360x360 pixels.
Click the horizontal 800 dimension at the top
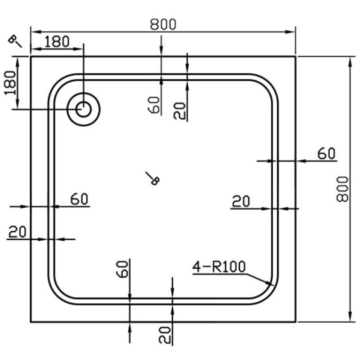(163, 24)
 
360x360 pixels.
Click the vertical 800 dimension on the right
(342, 189)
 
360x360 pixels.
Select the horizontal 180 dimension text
(57, 41)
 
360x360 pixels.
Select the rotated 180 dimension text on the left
(10, 83)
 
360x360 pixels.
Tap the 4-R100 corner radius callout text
(219, 267)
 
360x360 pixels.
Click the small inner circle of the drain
(83, 109)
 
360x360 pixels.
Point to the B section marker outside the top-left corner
(15, 41)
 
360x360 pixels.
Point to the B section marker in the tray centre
(153, 178)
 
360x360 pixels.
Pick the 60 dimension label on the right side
(326, 153)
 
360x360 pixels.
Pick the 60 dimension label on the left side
(79, 199)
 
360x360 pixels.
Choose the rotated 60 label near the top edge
(153, 105)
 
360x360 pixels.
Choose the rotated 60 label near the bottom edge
(122, 269)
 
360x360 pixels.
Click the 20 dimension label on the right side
(241, 202)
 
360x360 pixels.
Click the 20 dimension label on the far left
(18, 232)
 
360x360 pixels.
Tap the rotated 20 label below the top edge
(179, 111)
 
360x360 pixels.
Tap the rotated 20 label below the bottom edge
(165, 335)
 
